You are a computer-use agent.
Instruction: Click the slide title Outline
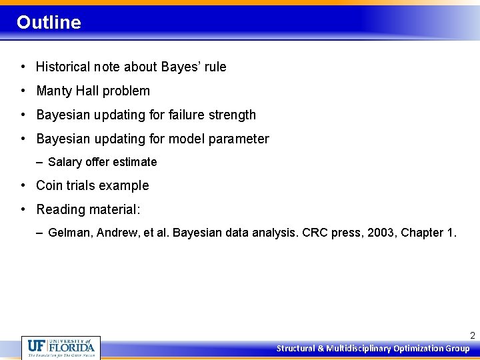pyautogui.click(x=49, y=23)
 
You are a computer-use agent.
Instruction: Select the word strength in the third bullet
pyautogui.click(x=231, y=115)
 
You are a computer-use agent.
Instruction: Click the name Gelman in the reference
pyautogui.click(x=69, y=233)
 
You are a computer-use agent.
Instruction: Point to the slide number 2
pyautogui.click(x=472, y=335)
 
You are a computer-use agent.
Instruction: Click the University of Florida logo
pyautogui.click(x=61, y=347)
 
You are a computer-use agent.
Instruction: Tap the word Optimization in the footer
pyautogui.click(x=419, y=349)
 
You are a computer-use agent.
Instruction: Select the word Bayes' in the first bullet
pyautogui.click(x=177, y=67)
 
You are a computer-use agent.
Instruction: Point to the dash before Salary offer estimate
pyautogui.click(x=41, y=162)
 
